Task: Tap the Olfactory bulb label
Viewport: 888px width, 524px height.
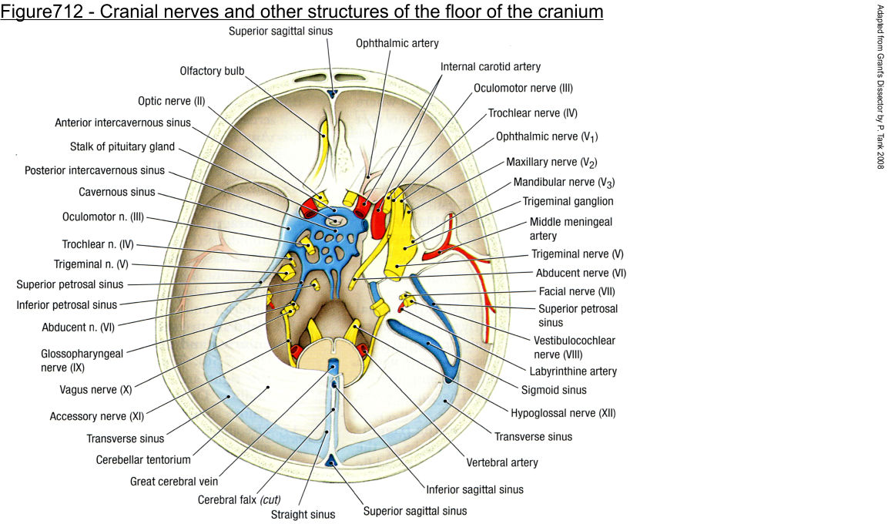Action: pos(212,71)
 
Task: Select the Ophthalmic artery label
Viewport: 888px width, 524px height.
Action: pos(397,44)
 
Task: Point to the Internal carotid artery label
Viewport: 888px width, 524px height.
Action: pos(491,67)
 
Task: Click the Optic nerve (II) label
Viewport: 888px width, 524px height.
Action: pos(172,101)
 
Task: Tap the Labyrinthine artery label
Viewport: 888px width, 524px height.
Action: pos(573,371)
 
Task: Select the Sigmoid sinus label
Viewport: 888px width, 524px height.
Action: pos(555,390)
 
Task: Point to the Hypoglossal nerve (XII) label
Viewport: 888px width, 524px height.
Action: pos(563,413)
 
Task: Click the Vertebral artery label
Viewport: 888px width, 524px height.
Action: pos(502,463)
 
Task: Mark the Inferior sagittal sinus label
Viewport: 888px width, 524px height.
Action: pos(474,489)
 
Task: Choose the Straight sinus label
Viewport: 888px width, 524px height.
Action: pos(303,514)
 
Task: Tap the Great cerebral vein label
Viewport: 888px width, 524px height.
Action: pos(173,482)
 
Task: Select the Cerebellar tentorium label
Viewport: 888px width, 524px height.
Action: pos(143,460)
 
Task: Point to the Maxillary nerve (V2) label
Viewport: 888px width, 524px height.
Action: pos(551,163)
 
